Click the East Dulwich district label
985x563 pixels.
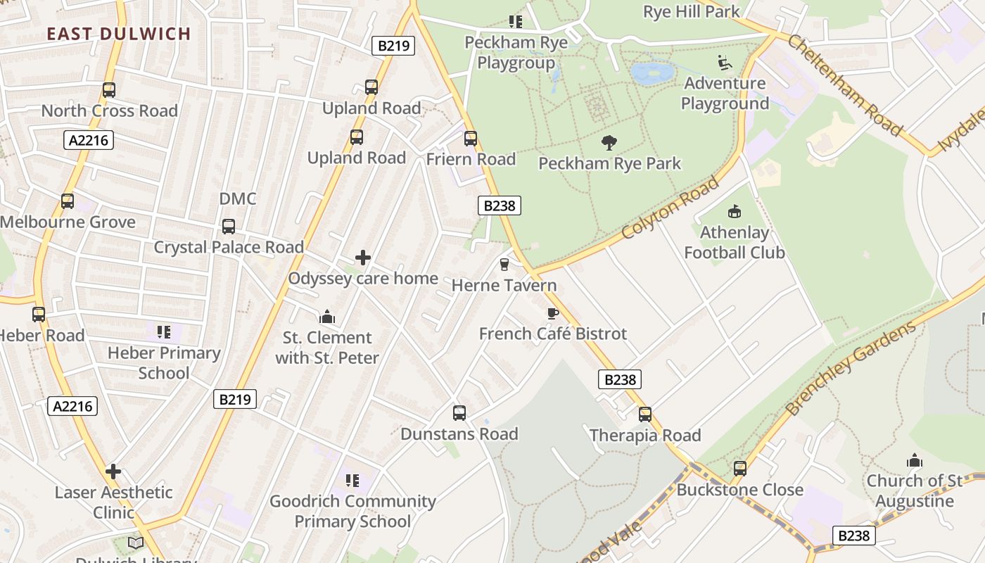pos(119,34)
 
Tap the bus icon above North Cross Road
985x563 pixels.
pos(108,90)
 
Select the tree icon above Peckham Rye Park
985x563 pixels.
pos(609,143)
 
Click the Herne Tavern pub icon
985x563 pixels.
pos(504,265)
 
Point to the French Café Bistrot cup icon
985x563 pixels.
pos(552,313)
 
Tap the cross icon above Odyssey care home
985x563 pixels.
pos(363,258)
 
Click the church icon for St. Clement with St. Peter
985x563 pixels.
pos(327,317)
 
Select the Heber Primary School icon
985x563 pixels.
pos(164,331)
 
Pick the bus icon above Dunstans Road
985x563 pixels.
pos(459,413)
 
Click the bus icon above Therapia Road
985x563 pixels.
pos(645,415)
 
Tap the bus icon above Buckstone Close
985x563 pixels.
pos(739,469)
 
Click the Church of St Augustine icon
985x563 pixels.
pos(915,461)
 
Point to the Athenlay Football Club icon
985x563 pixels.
pos(735,211)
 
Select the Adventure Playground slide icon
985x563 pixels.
pos(725,63)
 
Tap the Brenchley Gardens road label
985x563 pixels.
pos(851,368)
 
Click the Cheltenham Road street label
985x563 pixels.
pos(844,84)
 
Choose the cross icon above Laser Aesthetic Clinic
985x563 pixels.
pos(113,472)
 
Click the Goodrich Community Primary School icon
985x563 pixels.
pos(352,481)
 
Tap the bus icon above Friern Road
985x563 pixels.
pos(471,139)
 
